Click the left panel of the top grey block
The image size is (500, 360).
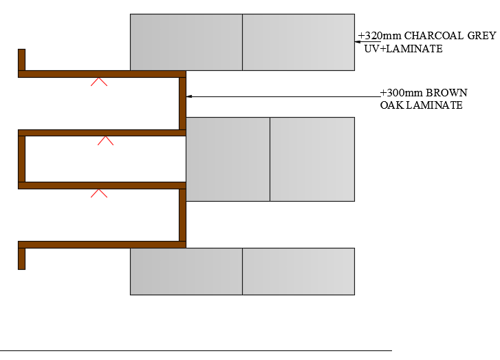(186, 42)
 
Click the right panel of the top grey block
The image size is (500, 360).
(298, 42)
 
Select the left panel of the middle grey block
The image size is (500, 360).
(228, 159)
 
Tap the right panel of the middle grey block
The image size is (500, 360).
(312, 159)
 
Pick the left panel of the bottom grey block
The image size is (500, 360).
(186, 271)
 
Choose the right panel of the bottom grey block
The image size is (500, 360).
(298, 271)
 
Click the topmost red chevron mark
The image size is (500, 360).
(99, 82)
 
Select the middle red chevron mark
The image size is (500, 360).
(105, 140)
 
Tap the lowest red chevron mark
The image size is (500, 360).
(99, 193)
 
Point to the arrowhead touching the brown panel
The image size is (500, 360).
(189, 96)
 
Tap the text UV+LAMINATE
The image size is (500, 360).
(403, 50)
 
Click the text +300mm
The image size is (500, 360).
(401, 93)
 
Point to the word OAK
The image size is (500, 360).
(391, 105)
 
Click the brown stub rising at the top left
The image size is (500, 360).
(22, 59)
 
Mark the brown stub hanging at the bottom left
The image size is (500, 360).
(22, 258)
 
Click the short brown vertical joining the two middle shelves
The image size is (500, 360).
(22, 159)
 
